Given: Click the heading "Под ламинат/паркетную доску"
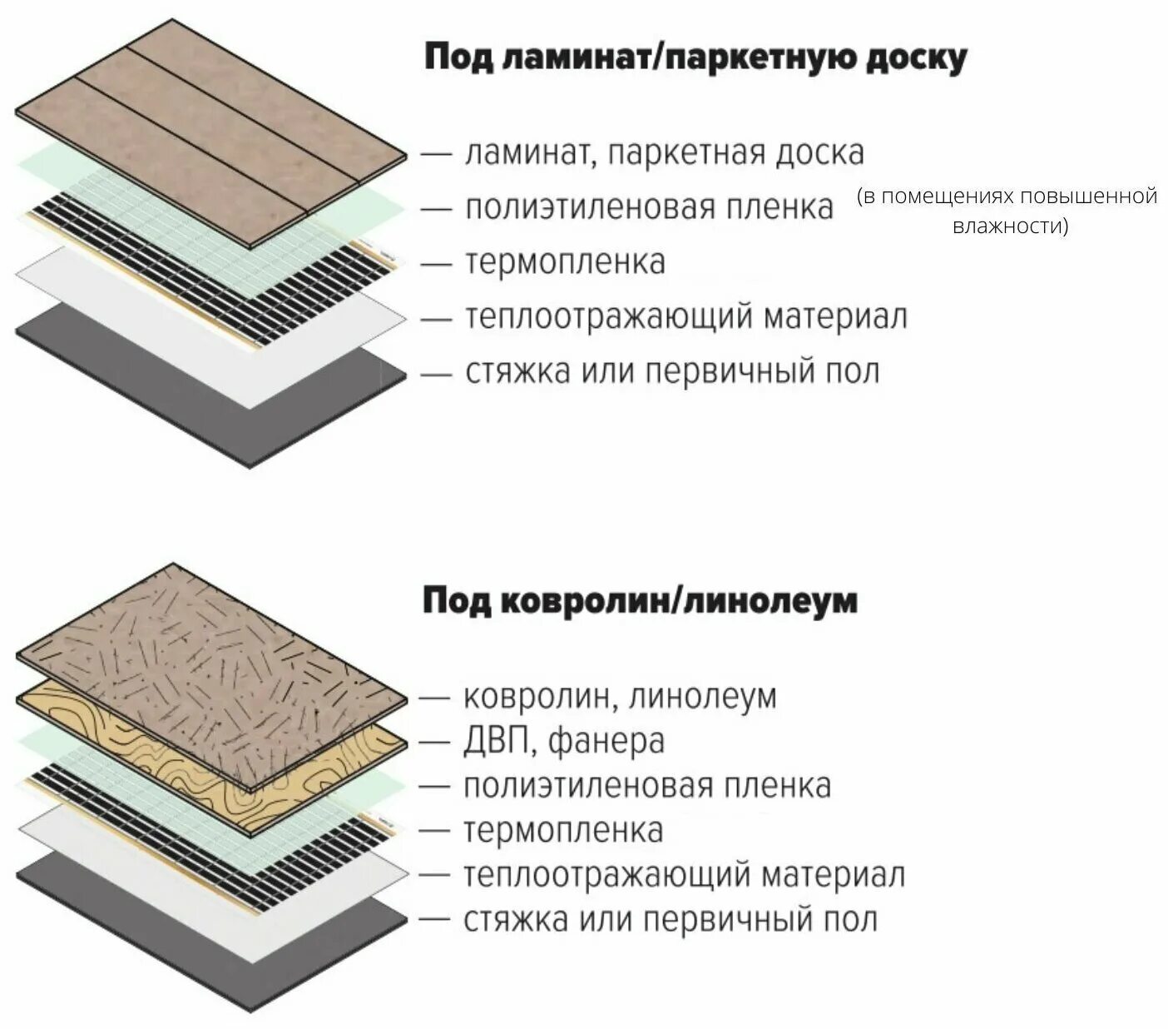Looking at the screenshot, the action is click(x=695, y=59).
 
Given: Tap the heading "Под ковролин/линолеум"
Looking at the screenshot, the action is click(x=639, y=600).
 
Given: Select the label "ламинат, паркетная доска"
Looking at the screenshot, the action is click(x=664, y=153).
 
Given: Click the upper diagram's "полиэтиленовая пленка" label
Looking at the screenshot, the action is click(x=648, y=207).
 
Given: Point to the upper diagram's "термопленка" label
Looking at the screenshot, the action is click(x=565, y=261).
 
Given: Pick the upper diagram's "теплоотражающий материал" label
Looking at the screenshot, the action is click(x=685, y=317).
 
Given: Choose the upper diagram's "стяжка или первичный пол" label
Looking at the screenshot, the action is click(x=671, y=371).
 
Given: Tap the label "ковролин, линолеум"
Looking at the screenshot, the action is click(x=619, y=696).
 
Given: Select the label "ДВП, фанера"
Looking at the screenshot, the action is click(x=563, y=741).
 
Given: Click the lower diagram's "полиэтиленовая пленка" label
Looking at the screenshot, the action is click(x=646, y=786).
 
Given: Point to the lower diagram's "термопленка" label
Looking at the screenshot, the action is click(x=563, y=831).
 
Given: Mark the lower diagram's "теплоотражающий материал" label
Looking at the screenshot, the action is click(x=683, y=876).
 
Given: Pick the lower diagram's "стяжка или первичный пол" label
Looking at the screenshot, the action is click(x=670, y=921).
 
